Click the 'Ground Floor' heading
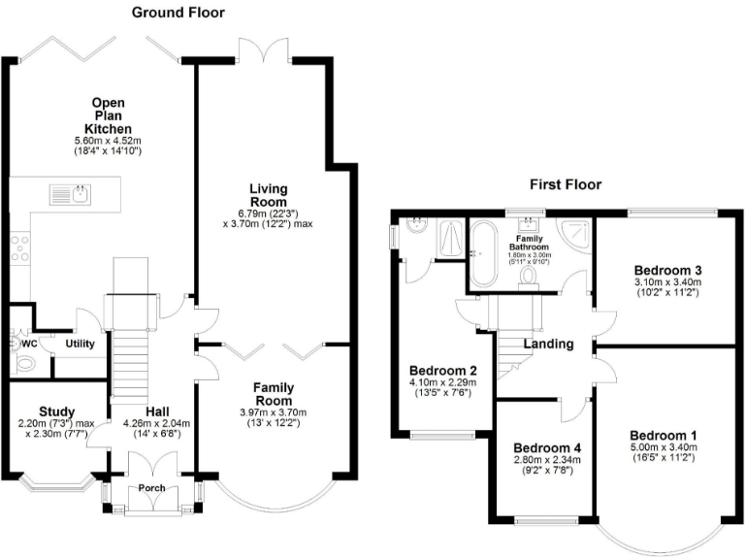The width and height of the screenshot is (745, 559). click(178, 13)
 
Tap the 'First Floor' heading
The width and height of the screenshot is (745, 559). click(566, 183)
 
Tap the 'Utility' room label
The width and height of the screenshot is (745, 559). click(80, 344)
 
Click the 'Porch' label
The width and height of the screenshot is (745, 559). click(150, 488)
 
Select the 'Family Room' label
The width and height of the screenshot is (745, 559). click(274, 394)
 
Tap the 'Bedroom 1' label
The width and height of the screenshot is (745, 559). click(663, 434)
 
